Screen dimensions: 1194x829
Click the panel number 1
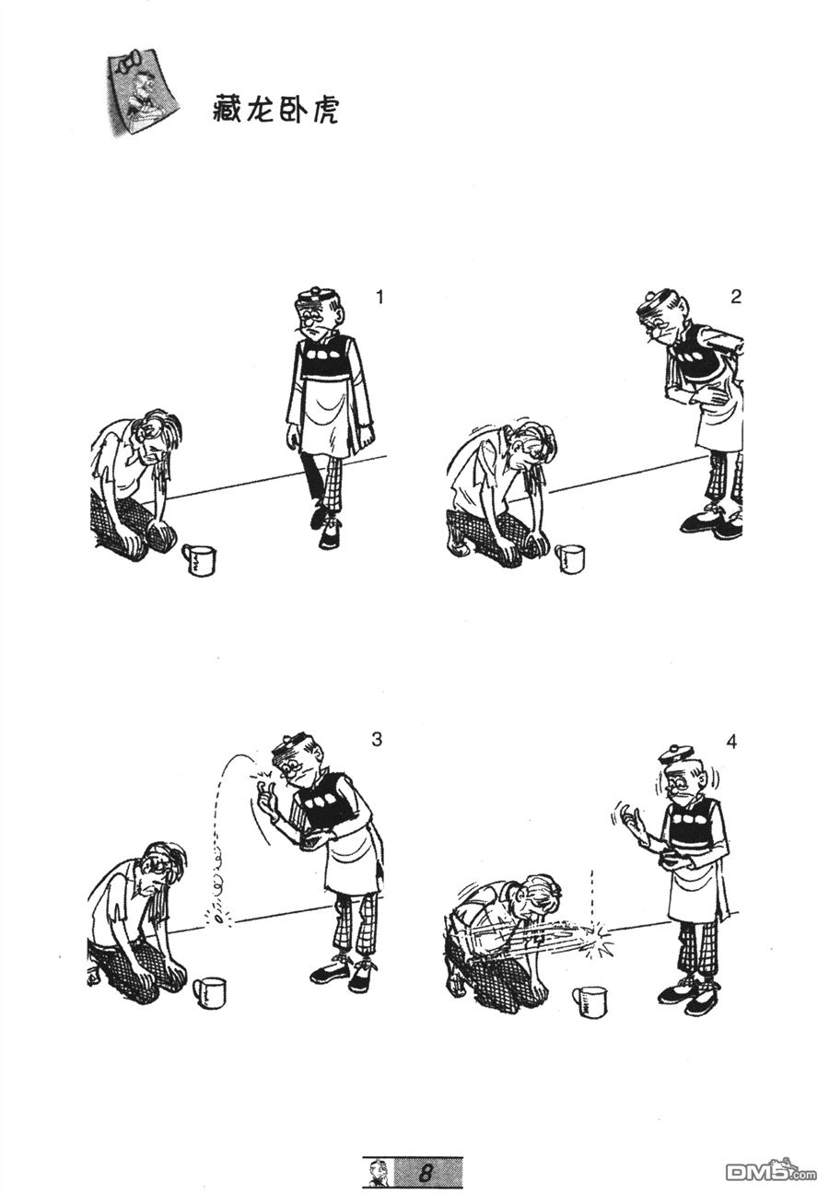[x=379, y=297]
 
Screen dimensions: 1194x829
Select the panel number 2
[x=734, y=297]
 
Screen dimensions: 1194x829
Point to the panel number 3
[x=377, y=739]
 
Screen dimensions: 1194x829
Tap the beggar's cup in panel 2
[x=569, y=558]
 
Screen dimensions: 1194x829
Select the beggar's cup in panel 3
[x=210, y=992]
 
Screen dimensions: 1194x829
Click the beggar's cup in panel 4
[x=590, y=1001]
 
